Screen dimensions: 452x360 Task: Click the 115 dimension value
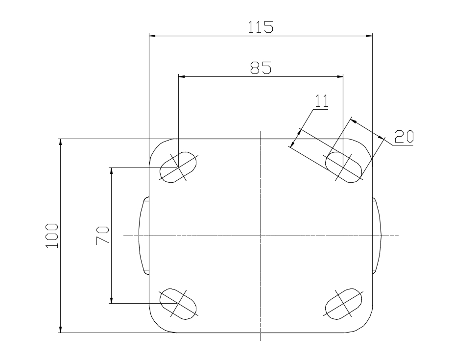click(261, 27)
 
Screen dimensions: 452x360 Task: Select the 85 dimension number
click(261, 68)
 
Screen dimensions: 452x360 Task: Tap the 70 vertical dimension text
click(102, 235)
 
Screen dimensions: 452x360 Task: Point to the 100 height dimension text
click(52, 235)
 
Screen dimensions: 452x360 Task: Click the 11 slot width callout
click(321, 101)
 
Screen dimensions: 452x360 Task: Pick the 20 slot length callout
click(404, 137)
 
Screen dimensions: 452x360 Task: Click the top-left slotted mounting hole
click(178, 167)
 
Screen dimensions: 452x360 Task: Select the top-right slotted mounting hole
click(343, 167)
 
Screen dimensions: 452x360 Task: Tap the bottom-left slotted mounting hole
click(178, 304)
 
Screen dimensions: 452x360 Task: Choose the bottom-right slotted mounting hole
click(343, 304)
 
